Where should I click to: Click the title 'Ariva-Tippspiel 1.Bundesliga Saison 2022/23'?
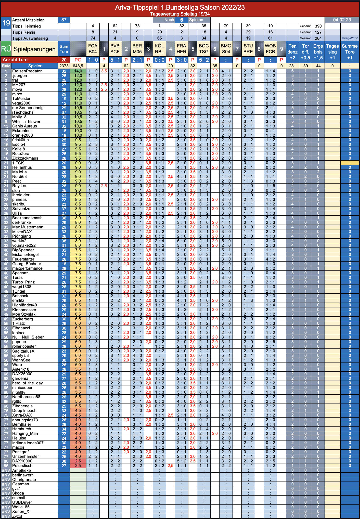point(180,7)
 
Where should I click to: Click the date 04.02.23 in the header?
point(342,20)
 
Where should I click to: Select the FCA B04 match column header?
point(93,49)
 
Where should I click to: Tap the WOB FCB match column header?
point(270,49)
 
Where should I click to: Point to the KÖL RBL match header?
point(159,49)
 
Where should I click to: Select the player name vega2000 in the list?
point(21,103)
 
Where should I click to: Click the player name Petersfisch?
point(22,466)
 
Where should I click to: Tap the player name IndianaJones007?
point(28,443)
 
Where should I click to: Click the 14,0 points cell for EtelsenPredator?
point(78,71)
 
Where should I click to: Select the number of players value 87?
point(64,20)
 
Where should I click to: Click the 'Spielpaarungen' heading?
point(35,49)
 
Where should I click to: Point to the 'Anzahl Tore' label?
point(15,59)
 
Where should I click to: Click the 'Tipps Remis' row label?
point(24,32)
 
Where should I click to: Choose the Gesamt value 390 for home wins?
point(318,26)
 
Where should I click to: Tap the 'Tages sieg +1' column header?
point(332,52)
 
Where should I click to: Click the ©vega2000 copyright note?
point(350,38)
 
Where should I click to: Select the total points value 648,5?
point(78,66)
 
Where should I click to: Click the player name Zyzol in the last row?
point(17,516)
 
